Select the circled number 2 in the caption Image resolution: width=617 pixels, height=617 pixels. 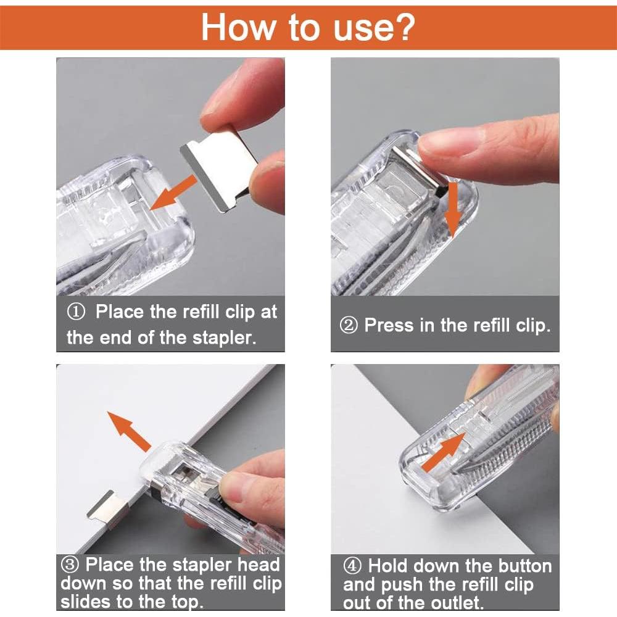tap(349, 326)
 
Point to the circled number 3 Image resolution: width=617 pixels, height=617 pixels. tap(70, 565)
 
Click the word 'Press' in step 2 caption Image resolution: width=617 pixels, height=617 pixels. tap(390, 326)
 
